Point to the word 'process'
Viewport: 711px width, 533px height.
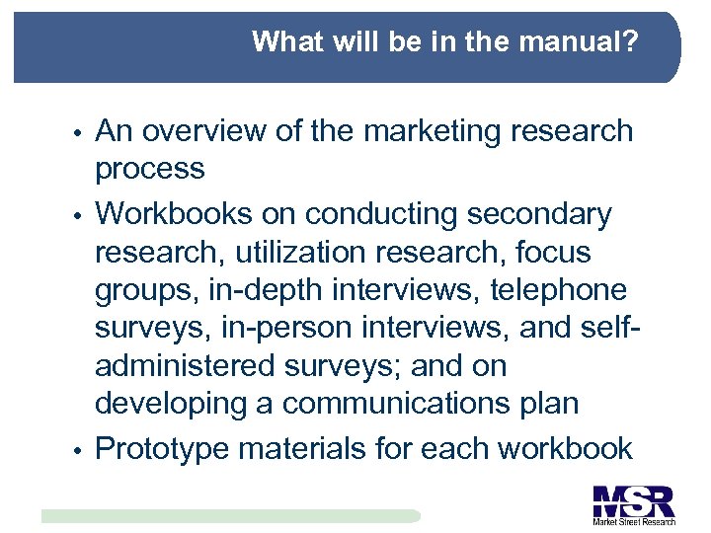(x=150, y=169)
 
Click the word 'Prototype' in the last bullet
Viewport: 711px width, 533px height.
(x=163, y=449)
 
